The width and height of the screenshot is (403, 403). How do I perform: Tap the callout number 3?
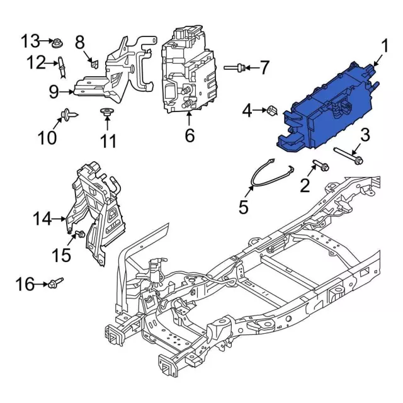(364, 134)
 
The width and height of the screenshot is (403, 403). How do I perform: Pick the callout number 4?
(247, 111)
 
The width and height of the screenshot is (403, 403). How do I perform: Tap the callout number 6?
(190, 135)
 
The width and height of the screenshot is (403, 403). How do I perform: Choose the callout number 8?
(81, 43)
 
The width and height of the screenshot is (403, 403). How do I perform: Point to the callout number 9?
(54, 92)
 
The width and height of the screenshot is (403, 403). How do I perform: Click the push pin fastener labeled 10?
(66, 115)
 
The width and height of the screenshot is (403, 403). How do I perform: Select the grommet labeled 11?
(108, 113)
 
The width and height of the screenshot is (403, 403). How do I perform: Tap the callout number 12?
(36, 62)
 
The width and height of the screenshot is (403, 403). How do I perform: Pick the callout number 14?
(42, 219)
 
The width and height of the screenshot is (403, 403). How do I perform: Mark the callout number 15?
(62, 255)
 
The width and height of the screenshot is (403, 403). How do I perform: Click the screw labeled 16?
(55, 283)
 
